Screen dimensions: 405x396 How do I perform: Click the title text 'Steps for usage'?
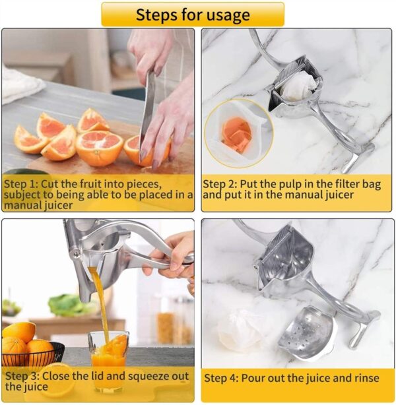[x=193, y=15]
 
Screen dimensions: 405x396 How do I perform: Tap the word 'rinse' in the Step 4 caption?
[x=364, y=378]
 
